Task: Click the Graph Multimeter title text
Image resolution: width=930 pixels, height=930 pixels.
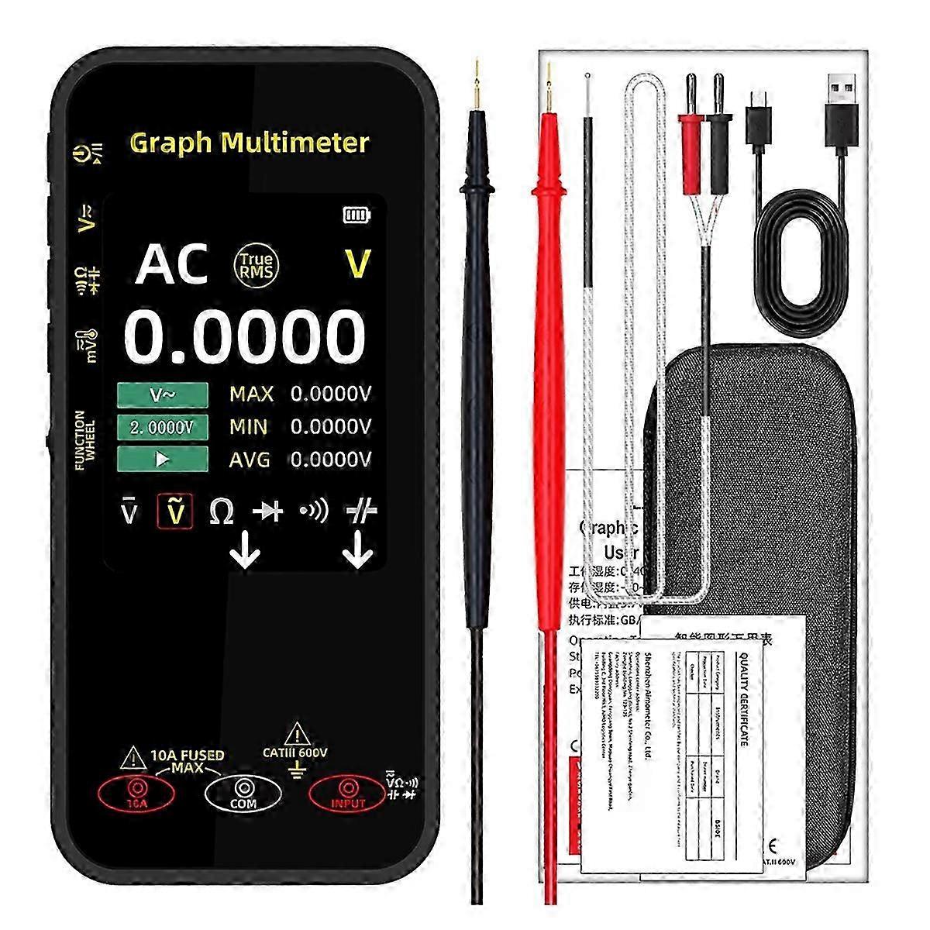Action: click(x=249, y=143)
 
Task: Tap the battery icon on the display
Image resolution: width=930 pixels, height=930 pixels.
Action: click(x=356, y=215)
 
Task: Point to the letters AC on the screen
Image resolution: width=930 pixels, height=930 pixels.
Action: click(x=172, y=264)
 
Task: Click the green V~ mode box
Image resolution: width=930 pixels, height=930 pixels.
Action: click(x=163, y=394)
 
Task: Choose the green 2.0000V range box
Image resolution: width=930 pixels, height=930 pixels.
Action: click(x=163, y=427)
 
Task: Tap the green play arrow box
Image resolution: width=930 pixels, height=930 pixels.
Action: click(x=163, y=459)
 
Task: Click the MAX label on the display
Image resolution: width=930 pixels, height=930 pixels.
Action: click(x=252, y=394)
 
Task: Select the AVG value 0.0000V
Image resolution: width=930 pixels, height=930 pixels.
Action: click(x=331, y=460)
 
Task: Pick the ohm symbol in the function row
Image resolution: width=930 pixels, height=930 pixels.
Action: click(x=222, y=511)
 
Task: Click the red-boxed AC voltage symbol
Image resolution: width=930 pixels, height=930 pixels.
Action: click(x=175, y=511)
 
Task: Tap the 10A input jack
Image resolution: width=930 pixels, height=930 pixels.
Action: click(x=136, y=791)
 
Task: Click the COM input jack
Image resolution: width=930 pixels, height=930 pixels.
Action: click(x=243, y=791)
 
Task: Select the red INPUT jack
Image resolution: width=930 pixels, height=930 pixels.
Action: click(x=347, y=791)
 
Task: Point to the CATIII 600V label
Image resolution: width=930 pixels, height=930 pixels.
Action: click(x=295, y=752)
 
